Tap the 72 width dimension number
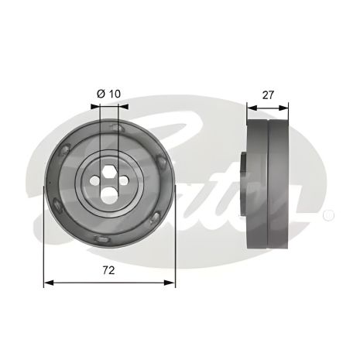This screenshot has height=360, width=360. coord(110,272)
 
